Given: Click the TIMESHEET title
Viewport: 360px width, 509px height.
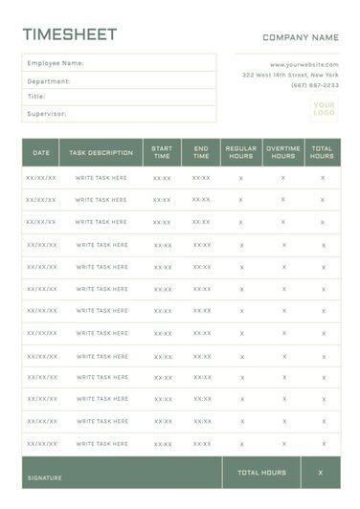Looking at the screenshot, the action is (70, 35).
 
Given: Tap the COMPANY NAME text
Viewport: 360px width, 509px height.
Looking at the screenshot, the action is (301, 38).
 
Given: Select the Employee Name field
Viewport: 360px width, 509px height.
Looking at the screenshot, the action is (119, 63).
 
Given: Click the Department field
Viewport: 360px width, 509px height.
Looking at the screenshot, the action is (119, 80).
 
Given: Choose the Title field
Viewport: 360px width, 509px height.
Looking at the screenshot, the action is (119, 97).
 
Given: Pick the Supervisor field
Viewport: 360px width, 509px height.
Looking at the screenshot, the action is (119, 114).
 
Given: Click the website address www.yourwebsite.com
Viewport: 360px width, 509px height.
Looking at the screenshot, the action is (304, 64).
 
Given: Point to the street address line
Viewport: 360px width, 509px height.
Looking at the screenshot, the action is (290, 75).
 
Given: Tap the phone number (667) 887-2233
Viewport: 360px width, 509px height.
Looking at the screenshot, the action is (315, 85).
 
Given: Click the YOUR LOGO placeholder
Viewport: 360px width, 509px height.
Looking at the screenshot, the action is (324, 108).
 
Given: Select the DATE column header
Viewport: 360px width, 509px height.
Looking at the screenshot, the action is (41, 153).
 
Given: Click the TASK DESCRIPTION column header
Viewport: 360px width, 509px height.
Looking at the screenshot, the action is (101, 153).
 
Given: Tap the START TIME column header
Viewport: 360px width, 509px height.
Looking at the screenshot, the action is (162, 153).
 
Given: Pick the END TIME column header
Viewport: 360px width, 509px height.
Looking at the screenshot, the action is (201, 153).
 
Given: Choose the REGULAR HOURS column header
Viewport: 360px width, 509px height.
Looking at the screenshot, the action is (240, 153).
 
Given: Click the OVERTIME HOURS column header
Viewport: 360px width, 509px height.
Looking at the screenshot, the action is (283, 153).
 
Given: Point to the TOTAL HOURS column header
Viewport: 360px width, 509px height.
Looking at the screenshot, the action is (323, 153).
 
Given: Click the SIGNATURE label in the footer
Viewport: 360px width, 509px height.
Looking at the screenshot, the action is (45, 477).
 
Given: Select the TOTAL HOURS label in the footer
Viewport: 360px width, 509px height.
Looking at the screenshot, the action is (261, 473).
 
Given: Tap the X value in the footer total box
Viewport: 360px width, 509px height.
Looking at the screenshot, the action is (320, 473).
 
